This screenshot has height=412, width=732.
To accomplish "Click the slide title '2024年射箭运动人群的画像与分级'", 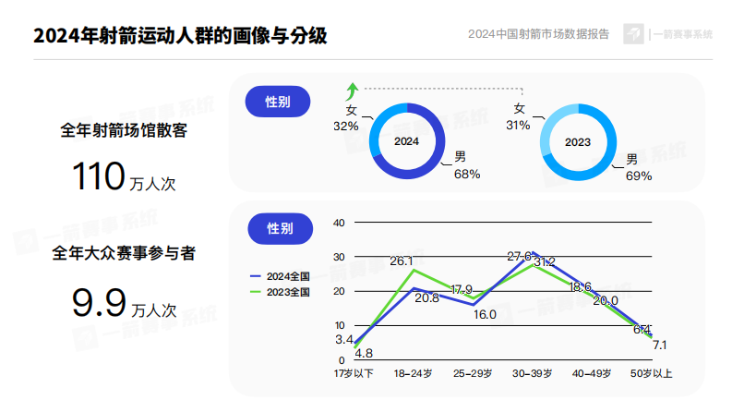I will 179,36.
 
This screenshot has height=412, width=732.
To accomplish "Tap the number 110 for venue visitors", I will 98,176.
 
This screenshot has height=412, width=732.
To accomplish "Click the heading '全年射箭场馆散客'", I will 124,130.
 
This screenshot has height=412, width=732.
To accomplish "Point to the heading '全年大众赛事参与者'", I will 124,251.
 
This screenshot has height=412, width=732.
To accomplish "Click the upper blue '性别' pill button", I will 278,102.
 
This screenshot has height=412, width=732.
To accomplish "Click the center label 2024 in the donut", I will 406,142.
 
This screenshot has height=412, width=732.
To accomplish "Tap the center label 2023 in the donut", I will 578,142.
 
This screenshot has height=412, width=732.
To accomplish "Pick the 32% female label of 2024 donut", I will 346,119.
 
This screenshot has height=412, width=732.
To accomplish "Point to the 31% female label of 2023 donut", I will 518,117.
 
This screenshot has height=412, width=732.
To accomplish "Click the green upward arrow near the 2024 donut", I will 351,91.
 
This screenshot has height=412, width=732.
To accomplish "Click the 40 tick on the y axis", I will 338,223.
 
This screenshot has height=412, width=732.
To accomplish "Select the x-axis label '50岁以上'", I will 652,373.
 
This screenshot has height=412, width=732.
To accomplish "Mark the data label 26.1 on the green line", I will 401,261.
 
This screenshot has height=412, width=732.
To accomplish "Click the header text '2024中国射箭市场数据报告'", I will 538,35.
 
